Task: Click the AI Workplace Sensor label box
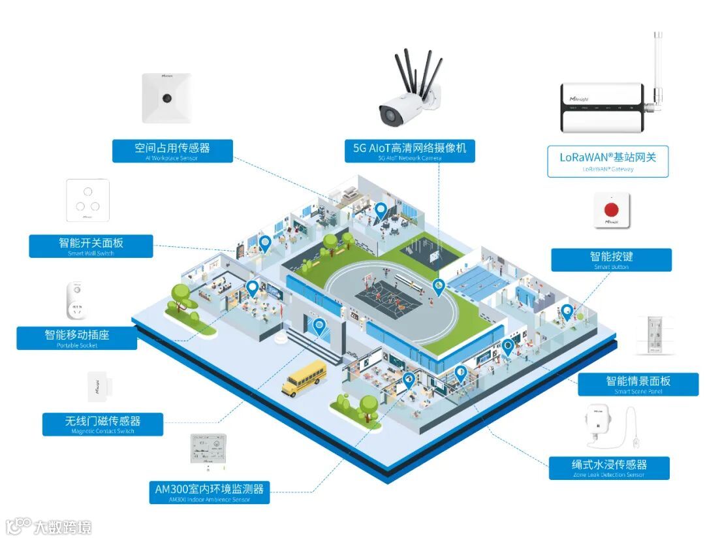(x=172, y=150)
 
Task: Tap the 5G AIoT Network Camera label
(x=410, y=150)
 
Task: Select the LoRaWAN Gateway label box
(x=608, y=161)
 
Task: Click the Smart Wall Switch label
(x=91, y=246)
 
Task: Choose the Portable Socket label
(x=77, y=338)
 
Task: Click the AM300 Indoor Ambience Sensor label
(x=210, y=492)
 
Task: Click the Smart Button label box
(x=611, y=259)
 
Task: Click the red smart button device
(x=612, y=210)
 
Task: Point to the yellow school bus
(x=304, y=377)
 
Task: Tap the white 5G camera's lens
(x=390, y=116)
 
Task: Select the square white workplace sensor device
(x=167, y=98)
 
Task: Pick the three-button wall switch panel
(x=87, y=200)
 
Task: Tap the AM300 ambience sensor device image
(x=209, y=450)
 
